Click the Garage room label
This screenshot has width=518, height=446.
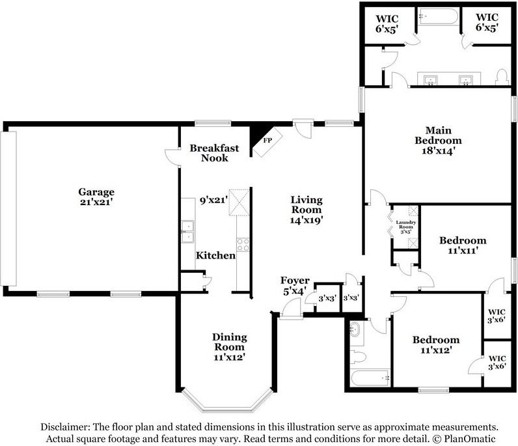[x=96, y=192]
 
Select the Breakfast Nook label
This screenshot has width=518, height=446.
[x=214, y=153]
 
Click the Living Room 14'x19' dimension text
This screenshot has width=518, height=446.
[x=306, y=220]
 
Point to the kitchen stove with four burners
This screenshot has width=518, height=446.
[x=243, y=245]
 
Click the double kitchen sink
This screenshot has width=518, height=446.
[x=187, y=228]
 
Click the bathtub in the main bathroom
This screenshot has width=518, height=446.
[x=438, y=16]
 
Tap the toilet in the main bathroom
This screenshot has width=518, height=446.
[x=502, y=77]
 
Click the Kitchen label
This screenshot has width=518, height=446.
[x=215, y=255]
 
